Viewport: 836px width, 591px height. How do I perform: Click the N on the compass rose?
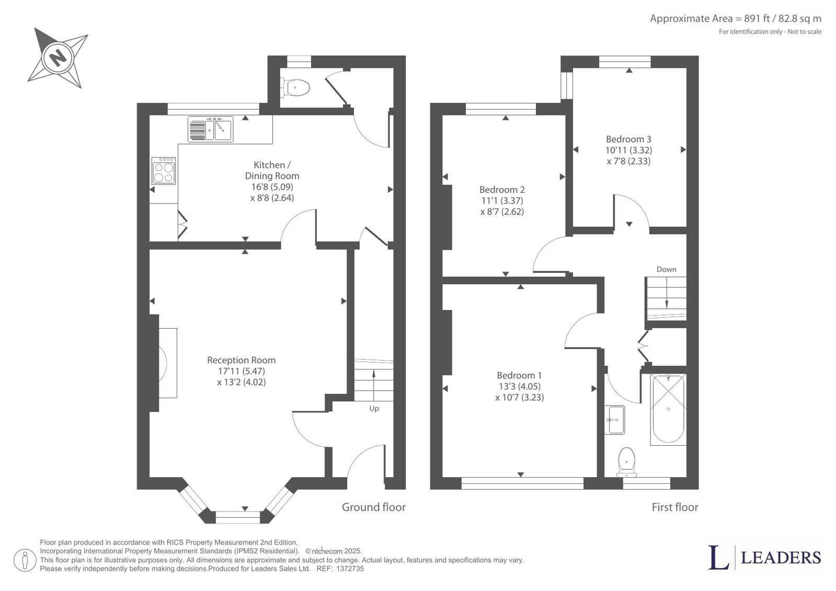pyautogui.click(x=58, y=58)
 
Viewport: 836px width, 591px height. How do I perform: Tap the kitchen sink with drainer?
pyautogui.click(x=211, y=129)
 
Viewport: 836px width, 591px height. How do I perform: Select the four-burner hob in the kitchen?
pyautogui.click(x=164, y=170)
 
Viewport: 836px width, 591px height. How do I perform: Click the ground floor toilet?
pyautogui.click(x=295, y=88)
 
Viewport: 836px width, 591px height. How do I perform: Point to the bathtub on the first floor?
pyautogui.click(x=668, y=409)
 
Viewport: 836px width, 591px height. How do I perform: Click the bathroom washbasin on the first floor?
pyautogui.click(x=614, y=420)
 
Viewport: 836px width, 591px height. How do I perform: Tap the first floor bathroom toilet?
pyautogui.click(x=627, y=462)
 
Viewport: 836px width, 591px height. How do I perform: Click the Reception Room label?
pyautogui.click(x=242, y=360)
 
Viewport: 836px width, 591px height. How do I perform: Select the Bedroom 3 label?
pyautogui.click(x=628, y=139)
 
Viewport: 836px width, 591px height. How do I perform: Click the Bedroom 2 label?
pyautogui.click(x=502, y=190)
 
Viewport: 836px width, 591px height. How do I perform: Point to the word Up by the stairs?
pyautogui.click(x=374, y=409)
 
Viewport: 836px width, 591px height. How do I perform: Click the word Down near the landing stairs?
pyautogui.click(x=666, y=269)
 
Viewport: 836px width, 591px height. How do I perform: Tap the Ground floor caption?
pyautogui.click(x=374, y=507)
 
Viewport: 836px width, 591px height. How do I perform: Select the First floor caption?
pyautogui.click(x=675, y=507)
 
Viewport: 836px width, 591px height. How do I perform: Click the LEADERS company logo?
pyautogui.click(x=765, y=558)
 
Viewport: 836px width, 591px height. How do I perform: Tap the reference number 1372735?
pyautogui.click(x=350, y=569)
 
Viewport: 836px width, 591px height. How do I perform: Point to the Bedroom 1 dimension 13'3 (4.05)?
pyautogui.click(x=520, y=386)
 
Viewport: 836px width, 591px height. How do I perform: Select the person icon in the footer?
pyautogui.click(x=25, y=560)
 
